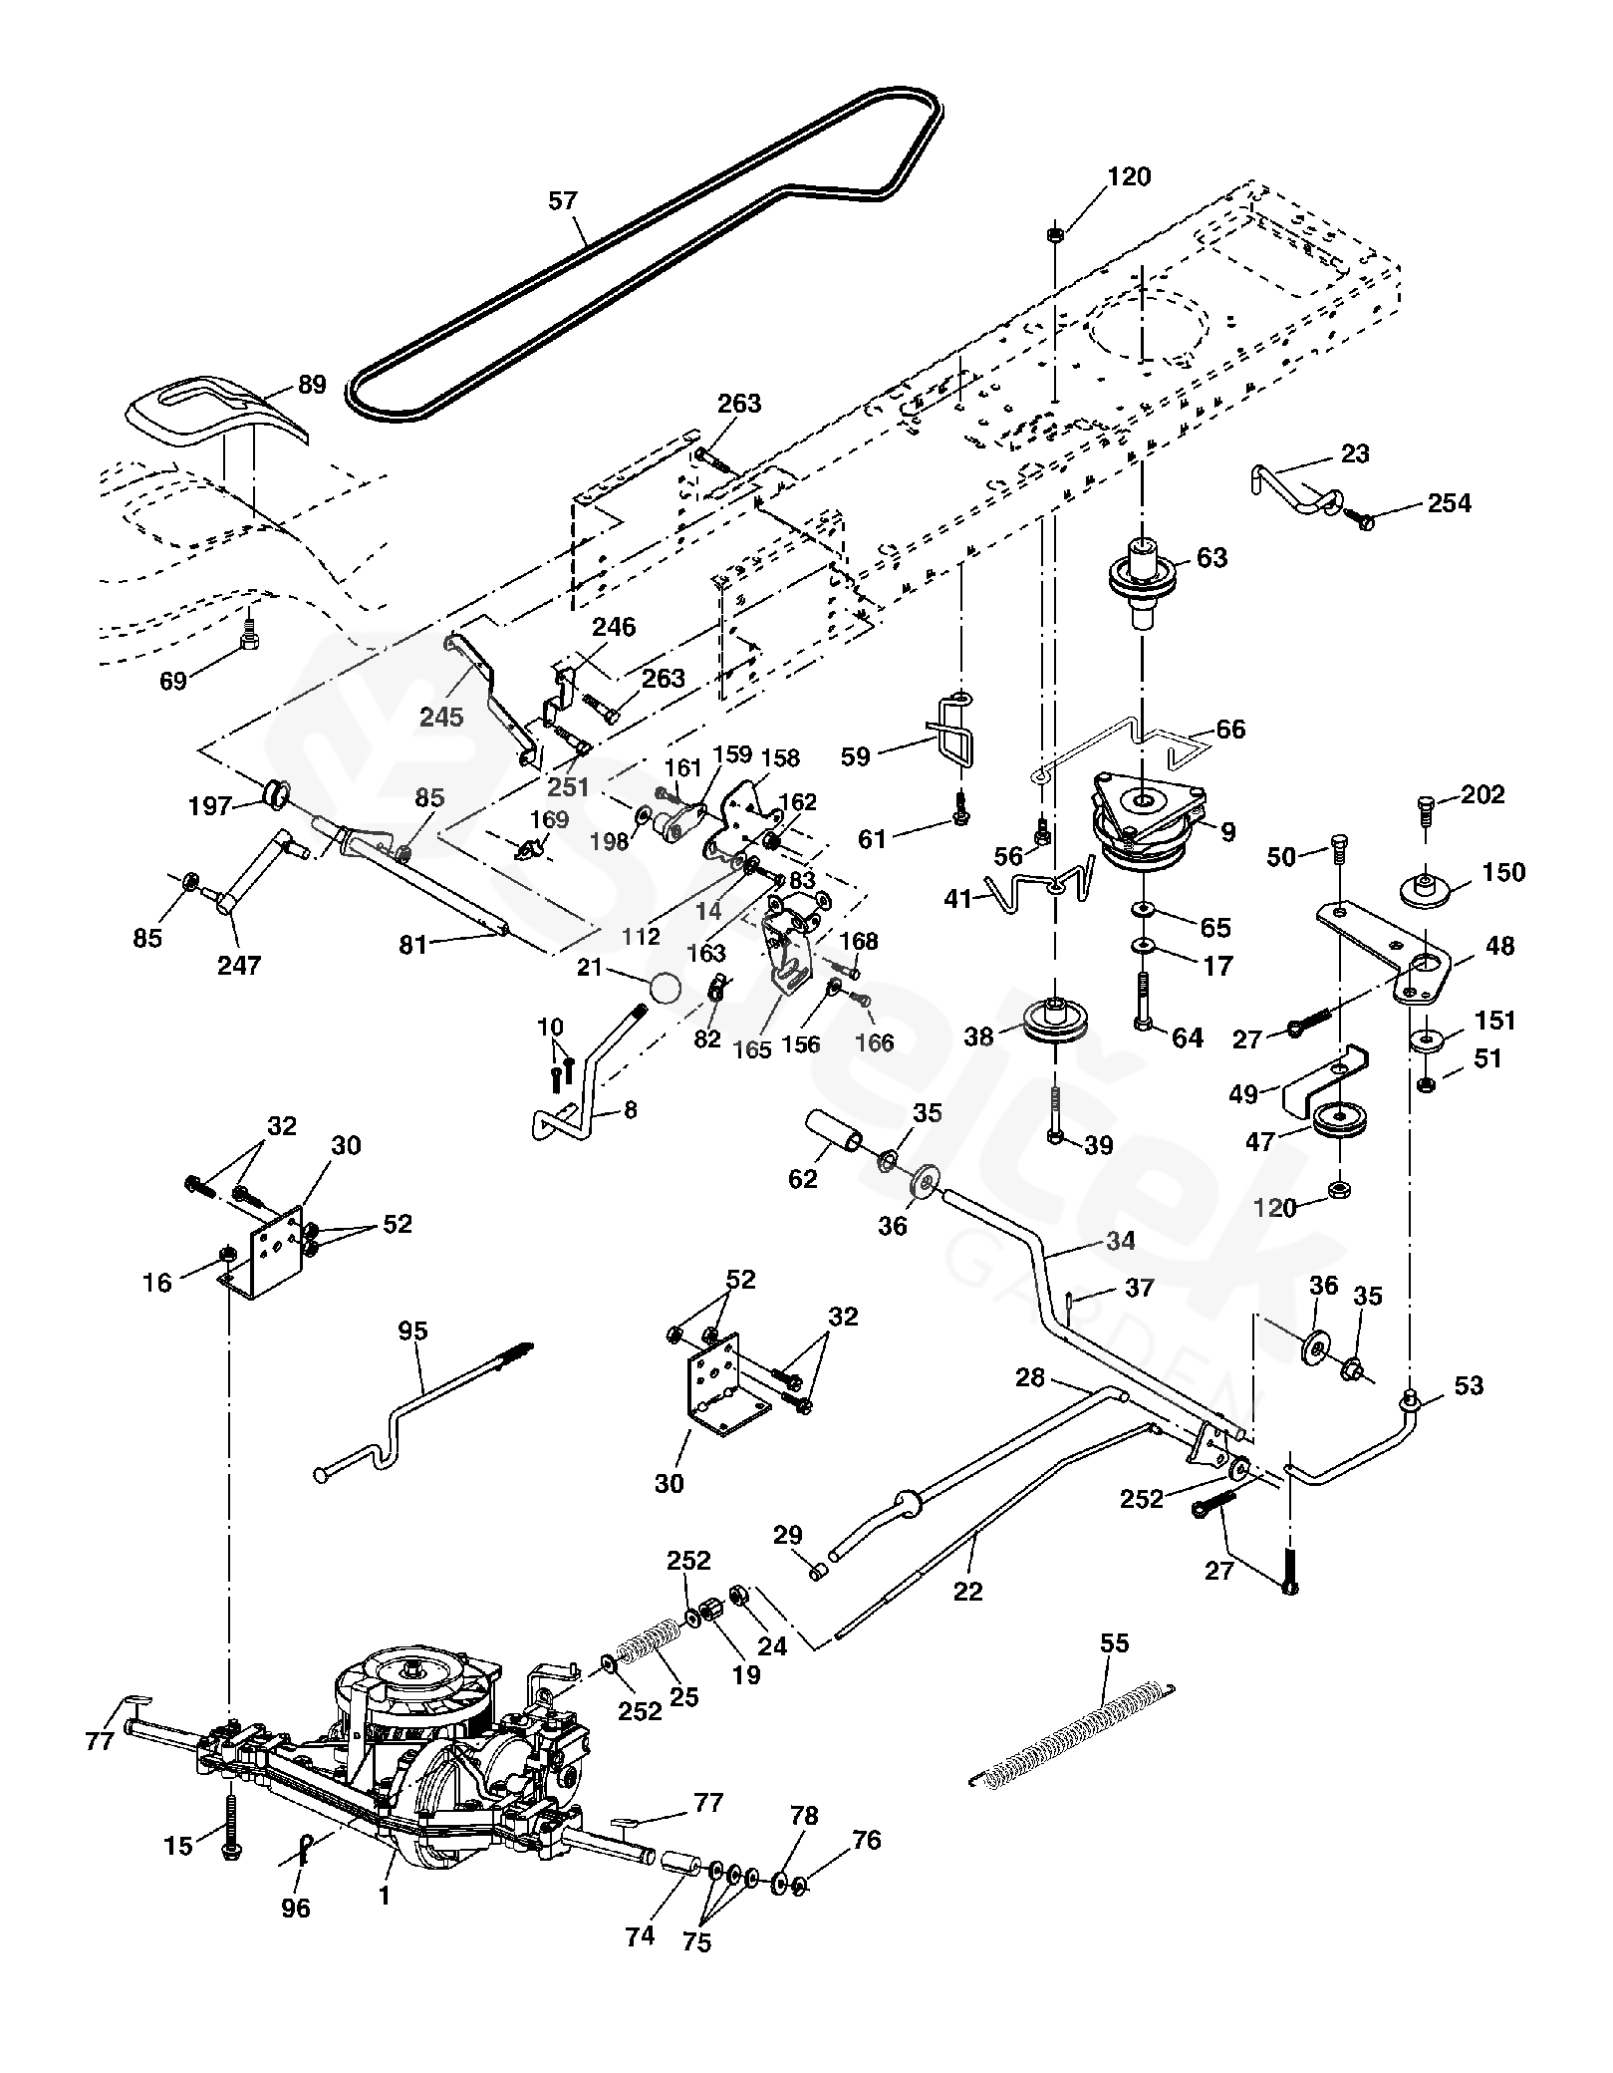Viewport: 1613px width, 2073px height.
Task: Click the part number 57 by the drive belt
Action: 563,201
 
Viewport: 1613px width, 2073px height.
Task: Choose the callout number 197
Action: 210,805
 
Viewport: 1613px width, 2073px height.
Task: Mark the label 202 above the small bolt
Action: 1483,794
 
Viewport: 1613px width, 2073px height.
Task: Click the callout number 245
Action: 441,717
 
